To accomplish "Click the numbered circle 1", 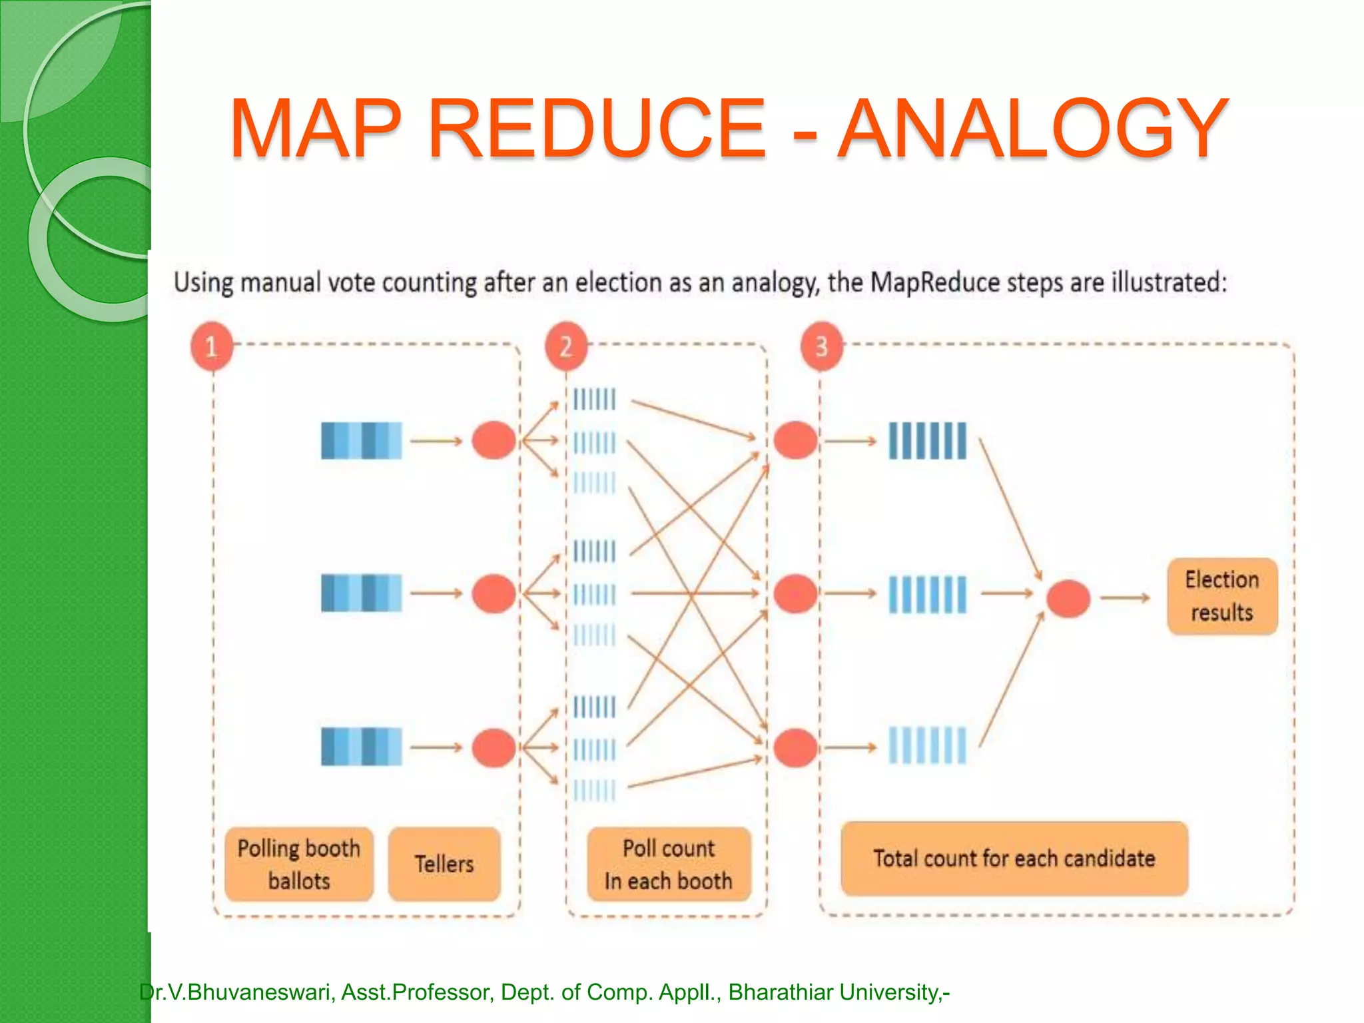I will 212,346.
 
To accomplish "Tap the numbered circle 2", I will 566,346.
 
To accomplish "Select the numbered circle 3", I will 821,346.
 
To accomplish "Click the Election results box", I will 1222,596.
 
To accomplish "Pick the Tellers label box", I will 444,864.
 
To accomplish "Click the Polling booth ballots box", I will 299,864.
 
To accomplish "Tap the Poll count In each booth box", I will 669,864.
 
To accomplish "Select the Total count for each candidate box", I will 1014,858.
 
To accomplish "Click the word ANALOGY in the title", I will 1032,128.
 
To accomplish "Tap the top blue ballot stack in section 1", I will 362,440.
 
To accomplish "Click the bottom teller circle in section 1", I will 494,747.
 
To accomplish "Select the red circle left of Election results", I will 1068,598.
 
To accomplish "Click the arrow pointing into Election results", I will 1125,598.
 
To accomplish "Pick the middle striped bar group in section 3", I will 927,594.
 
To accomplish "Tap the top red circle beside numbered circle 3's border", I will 795,440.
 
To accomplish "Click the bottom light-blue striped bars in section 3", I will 927,746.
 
